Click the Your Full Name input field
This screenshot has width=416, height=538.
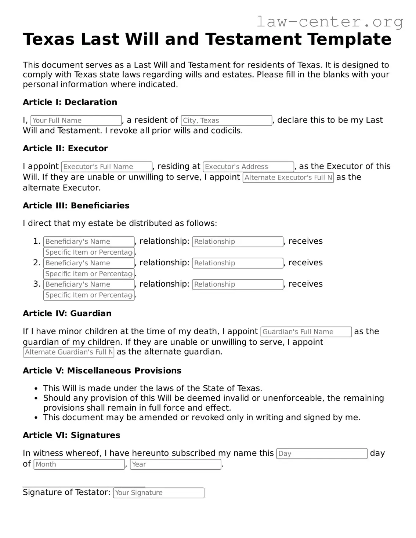click(x=76, y=120)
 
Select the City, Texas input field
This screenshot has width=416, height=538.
click(x=227, y=120)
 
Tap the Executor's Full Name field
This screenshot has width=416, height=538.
click(x=106, y=167)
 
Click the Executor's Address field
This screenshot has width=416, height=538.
click(x=249, y=167)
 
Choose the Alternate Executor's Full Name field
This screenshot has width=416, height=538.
click(x=288, y=178)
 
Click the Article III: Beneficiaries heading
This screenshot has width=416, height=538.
click(x=76, y=206)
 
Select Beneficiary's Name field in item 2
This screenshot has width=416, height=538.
click(x=89, y=263)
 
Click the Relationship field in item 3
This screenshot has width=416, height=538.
click(x=238, y=284)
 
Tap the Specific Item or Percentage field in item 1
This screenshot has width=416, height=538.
click(x=89, y=252)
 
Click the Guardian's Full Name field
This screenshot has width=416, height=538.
click(x=306, y=332)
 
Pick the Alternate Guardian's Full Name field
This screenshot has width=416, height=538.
click(x=69, y=352)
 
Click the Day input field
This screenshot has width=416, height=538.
click(x=322, y=454)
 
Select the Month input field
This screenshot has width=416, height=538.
click(x=79, y=464)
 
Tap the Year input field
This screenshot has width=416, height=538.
click(x=176, y=464)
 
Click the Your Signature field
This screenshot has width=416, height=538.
click(x=159, y=493)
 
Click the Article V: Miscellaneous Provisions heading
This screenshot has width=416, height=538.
click(x=102, y=371)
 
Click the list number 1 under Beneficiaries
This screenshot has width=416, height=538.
click(x=36, y=241)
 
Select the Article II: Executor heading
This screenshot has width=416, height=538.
click(x=65, y=148)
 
